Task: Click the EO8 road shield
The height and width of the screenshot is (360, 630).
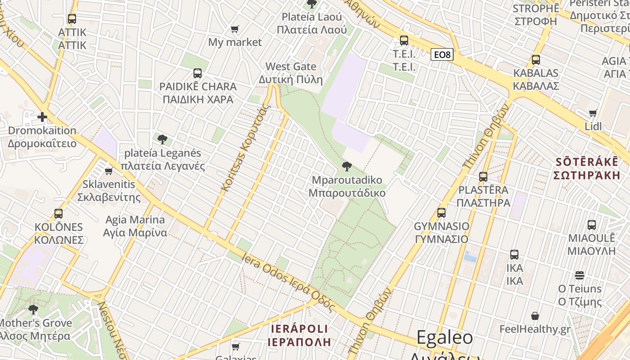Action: pyautogui.click(x=441, y=55)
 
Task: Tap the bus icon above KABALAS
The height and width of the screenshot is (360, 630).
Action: pyautogui.click(x=535, y=60)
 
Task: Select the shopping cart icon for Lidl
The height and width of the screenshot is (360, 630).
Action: pyautogui.click(x=593, y=113)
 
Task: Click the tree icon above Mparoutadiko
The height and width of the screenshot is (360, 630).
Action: pyautogui.click(x=346, y=167)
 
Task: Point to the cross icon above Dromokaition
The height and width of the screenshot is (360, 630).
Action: pyautogui.click(x=42, y=117)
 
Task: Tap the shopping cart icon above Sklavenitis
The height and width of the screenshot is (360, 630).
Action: pyautogui.click(x=108, y=171)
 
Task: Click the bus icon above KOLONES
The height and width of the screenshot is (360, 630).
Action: pyautogui.click(x=58, y=214)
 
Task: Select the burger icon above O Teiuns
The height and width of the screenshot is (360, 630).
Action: pyautogui.click(x=580, y=275)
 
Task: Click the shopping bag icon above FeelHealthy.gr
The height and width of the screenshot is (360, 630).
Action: pyautogui.click(x=535, y=316)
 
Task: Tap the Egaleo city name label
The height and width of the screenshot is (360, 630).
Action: pyautogui.click(x=444, y=338)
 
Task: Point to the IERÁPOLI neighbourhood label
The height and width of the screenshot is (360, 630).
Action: pyautogui.click(x=299, y=328)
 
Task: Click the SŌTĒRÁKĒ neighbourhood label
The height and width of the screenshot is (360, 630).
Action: pyautogui.click(x=587, y=162)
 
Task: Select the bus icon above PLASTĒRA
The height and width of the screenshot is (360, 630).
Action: pyautogui.click(x=483, y=177)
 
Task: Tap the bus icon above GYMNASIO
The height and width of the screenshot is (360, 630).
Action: pyautogui.click(x=441, y=213)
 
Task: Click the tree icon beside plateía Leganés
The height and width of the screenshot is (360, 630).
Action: pyautogui.click(x=162, y=139)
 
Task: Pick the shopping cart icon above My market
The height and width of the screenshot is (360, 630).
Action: pyautogui.click(x=234, y=29)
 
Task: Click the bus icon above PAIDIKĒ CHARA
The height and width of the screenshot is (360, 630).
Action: pyautogui.click(x=197, y=73)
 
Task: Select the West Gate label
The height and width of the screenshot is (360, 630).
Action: pyautogui.click(x=291, y=67)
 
